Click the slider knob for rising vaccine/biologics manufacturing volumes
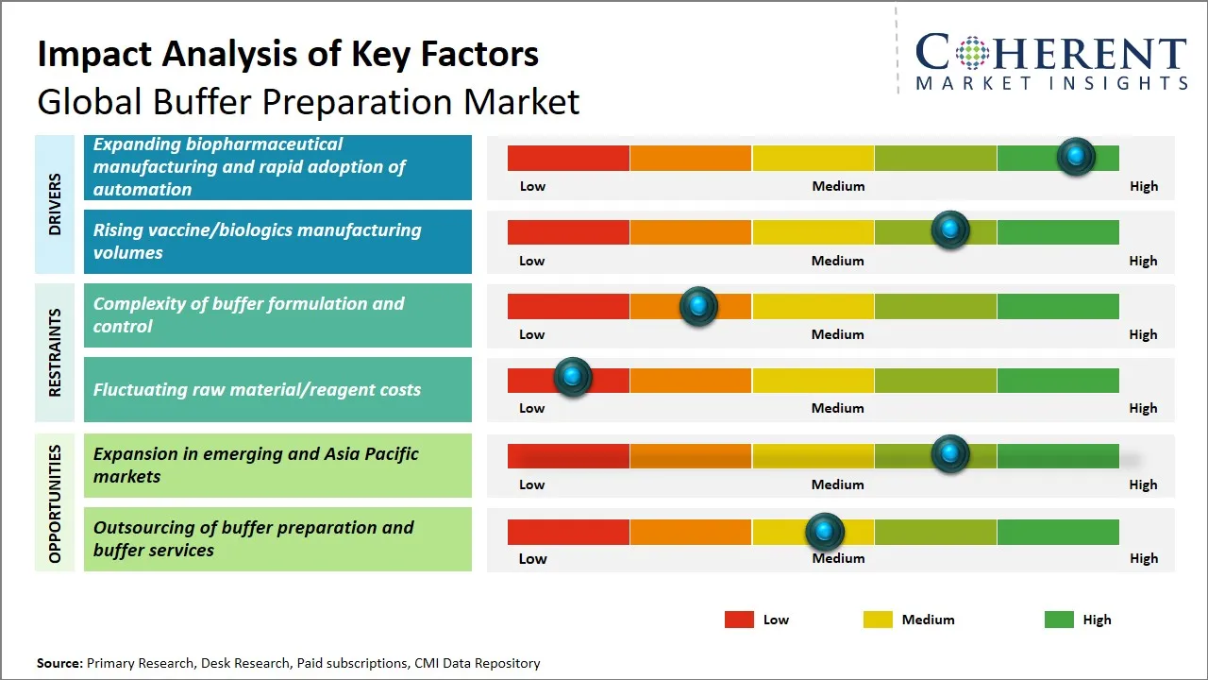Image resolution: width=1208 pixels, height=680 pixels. (x=949, y=229)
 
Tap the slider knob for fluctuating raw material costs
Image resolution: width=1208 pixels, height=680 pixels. (x=572, y=377)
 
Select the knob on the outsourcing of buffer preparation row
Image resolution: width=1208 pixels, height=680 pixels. (x=825, y=532)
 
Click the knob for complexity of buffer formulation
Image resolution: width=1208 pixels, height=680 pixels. (x=698, y=305)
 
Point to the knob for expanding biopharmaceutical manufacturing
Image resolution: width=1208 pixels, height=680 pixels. (x=1076, y=156)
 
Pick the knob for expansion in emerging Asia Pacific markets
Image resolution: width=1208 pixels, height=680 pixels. (x=949, y=454)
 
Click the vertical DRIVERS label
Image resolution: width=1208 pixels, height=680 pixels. (x=55, y=204)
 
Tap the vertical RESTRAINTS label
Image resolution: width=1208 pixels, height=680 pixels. (x=55, y=352)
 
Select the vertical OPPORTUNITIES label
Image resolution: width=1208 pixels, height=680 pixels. (x=55, y=503)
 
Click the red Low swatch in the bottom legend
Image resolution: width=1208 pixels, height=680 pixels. (x=739, y=620)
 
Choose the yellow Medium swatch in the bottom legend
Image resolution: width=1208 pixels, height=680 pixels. (x=878, y=620)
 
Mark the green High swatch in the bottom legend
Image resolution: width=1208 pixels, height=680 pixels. (x=1059, y=620)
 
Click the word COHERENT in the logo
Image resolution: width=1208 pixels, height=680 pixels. (x=1051, y=53)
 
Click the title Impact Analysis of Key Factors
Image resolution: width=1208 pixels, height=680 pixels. (x=288, y=55)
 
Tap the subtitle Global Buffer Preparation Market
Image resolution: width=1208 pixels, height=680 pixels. (x=308, y=102)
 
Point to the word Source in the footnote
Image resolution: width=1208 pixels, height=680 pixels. (x=59, y=663)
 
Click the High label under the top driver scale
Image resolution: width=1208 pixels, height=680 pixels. (x=1143, y=186)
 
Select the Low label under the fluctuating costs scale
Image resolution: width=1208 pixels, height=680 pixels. (x=531, y=408)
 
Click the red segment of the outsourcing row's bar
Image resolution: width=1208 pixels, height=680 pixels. (x=568, y=532)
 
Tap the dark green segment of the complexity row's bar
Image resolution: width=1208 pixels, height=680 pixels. (x=1057, y=306)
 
